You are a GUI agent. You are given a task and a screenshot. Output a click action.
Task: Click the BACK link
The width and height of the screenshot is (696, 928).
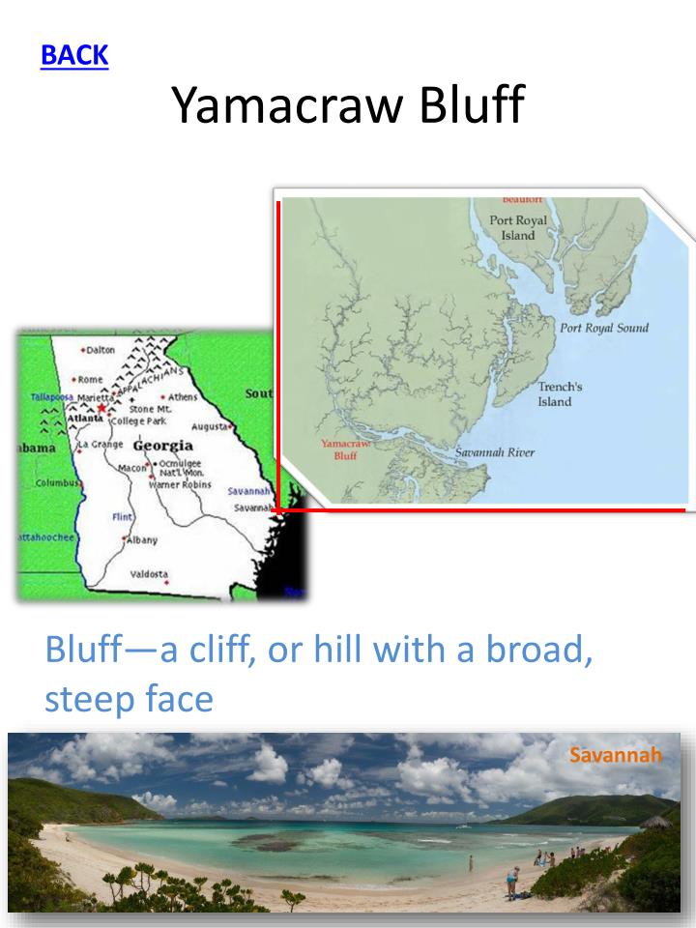coord(73,55)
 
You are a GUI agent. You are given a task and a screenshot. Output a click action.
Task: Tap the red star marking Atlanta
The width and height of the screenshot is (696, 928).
coord(101,408)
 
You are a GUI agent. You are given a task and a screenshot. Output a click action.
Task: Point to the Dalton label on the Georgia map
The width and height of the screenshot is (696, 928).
coord(99,349)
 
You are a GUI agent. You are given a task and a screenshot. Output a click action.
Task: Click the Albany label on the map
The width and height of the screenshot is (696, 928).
coord(142,539)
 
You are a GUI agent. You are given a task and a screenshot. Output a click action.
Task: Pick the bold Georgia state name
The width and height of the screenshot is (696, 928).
coord(162,446)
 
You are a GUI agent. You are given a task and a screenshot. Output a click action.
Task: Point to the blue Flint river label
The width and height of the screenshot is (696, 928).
coord(122,517)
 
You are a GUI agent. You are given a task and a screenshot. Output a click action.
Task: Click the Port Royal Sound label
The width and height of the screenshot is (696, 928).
coord(604,328)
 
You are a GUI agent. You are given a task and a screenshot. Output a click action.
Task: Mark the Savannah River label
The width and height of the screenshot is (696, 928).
coord(495,452)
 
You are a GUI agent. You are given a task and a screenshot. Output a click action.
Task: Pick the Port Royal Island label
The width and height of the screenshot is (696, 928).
coord(518,227)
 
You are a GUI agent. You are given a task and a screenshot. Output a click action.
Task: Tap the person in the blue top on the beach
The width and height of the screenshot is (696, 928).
coord(512,878)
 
